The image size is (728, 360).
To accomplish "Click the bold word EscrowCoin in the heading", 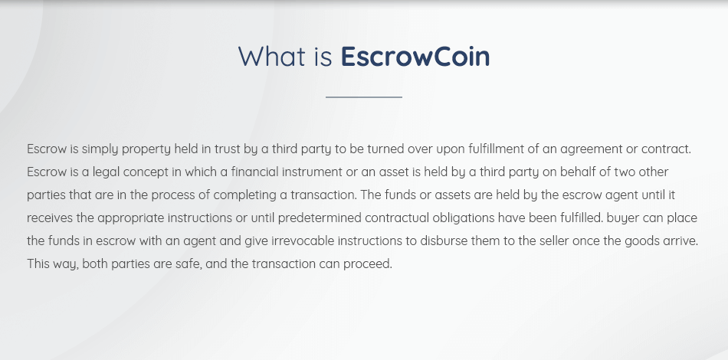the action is coord(415,56).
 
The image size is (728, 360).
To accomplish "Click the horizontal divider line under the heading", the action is coord(364,97).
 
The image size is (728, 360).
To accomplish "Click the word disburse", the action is coord(444,241).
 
